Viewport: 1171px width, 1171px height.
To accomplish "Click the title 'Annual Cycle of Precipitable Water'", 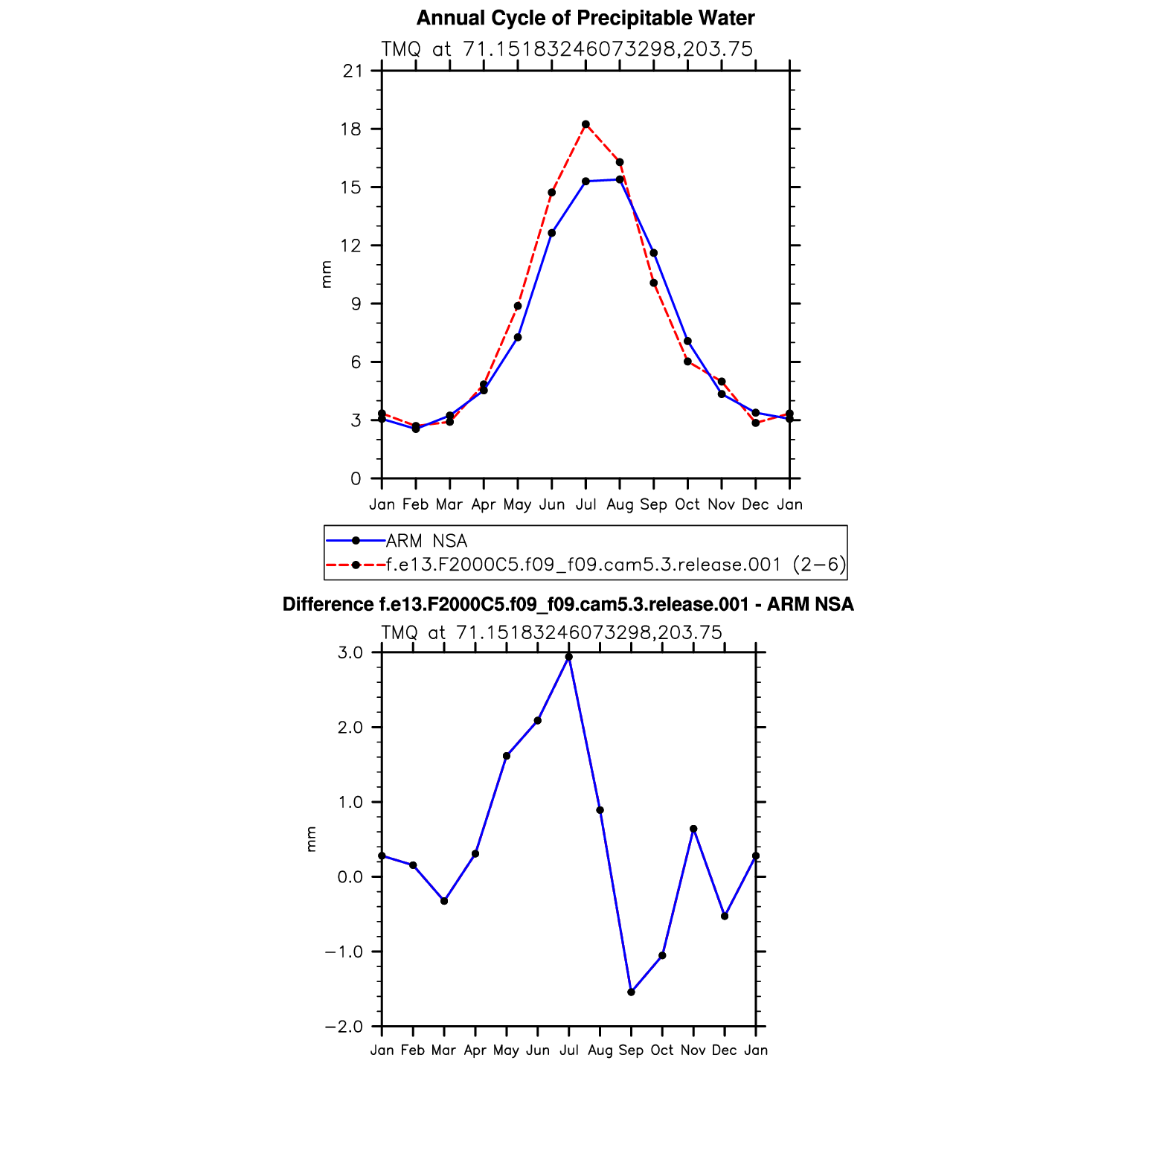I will (585, 18).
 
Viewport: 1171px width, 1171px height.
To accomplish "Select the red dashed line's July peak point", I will (585, 124).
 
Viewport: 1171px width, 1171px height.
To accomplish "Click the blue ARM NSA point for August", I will (620, 179).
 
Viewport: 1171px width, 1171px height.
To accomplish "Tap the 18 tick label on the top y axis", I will (350, 129).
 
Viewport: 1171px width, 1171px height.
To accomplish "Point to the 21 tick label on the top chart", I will (352, 71).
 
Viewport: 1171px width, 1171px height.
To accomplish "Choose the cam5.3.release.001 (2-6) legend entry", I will (615, 565).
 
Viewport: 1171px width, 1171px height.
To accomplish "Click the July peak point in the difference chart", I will (569, 657).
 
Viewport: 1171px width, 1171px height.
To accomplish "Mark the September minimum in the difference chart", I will (631, 992).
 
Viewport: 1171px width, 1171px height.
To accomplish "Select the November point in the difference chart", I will (693, 829).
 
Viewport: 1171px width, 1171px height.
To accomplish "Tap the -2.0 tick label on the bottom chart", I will (344, 1027).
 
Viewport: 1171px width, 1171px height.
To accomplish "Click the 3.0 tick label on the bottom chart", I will (350, 652).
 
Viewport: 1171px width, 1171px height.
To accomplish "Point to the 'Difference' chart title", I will (568, 604).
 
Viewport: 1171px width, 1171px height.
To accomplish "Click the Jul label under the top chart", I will (585, 504).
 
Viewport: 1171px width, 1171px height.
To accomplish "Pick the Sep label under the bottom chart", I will (631, 1050).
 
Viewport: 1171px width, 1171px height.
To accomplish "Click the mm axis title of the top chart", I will (326, 275).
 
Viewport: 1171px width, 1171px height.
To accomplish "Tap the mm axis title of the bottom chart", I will (311, 839).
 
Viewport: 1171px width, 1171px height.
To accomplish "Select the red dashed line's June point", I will (552, 193).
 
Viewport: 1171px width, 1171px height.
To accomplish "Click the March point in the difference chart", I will (444, 901).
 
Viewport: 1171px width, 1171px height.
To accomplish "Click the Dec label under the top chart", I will (755, 504).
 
